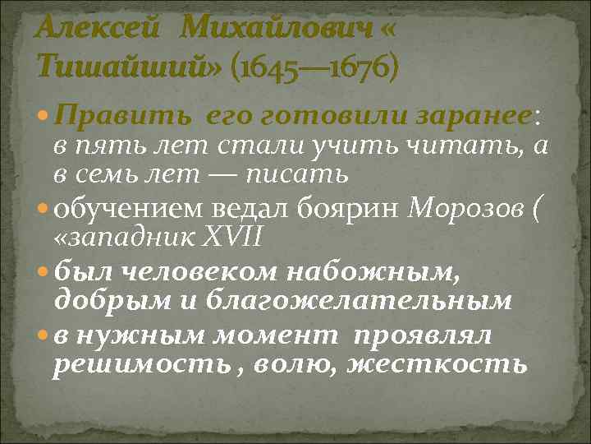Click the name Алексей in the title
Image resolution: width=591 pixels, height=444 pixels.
click(x=98, y=28)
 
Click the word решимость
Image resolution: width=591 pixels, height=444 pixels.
click(x=132, y=363)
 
